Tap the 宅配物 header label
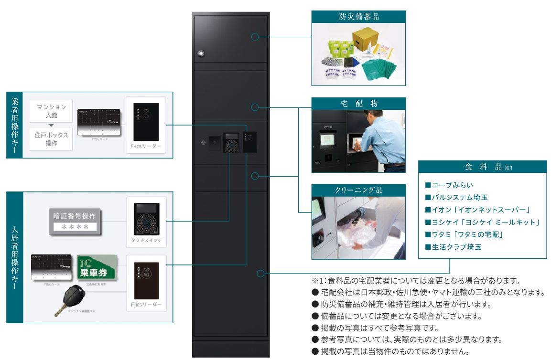358,104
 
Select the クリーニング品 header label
358,191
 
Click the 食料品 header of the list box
483,167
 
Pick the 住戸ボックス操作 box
51,138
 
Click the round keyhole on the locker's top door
201,53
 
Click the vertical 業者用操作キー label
14,125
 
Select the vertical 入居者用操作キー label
14,258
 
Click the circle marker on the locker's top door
255,36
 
